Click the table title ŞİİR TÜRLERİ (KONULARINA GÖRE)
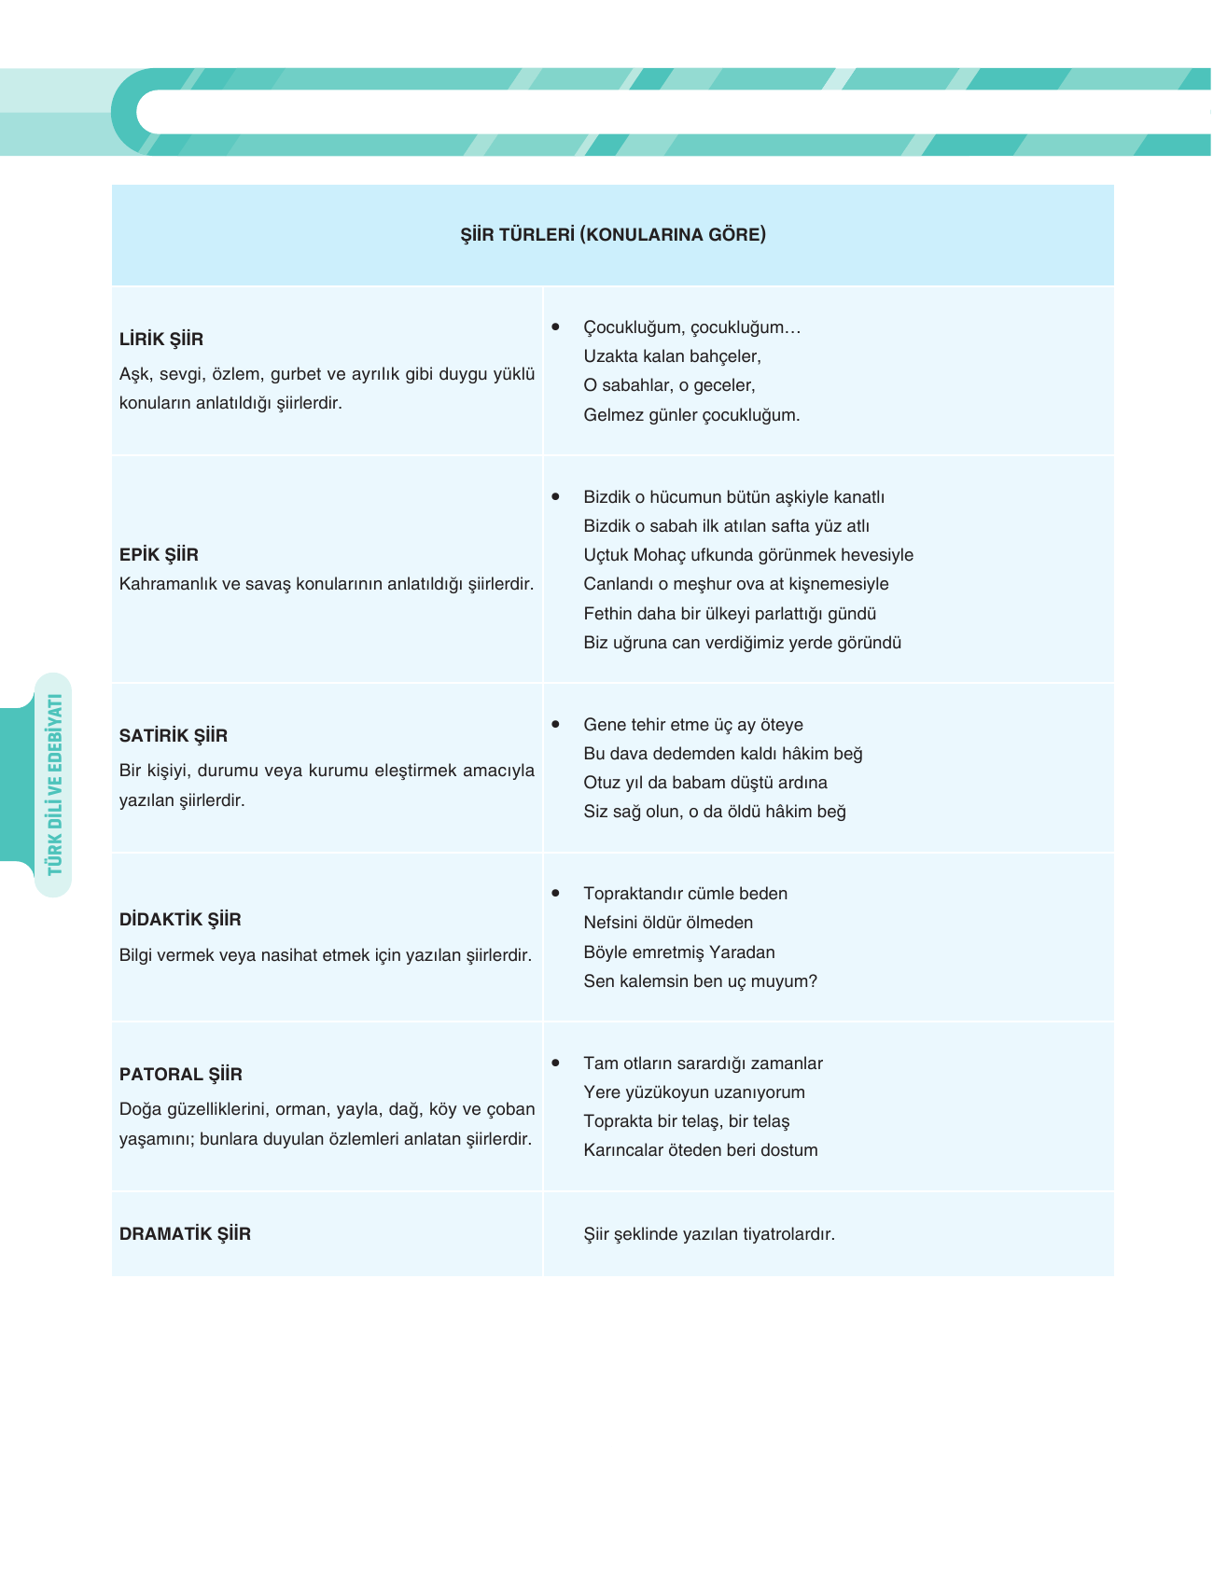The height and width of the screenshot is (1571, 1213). tap(613, 234)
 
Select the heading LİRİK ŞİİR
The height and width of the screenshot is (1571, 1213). tap(161, 340)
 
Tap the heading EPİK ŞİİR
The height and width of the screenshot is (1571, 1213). tap(159, 555)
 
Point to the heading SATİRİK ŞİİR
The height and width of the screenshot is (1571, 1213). tap(174, 736)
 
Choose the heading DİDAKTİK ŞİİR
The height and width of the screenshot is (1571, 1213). tap(180, 920)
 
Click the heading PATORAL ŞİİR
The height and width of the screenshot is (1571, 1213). tap(181, 1075)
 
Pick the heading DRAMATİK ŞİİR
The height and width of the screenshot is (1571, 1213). tap(185, 1234)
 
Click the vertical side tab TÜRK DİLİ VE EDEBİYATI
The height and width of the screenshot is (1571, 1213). tap(54, 785)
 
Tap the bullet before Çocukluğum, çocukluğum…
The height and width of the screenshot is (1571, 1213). tap(556, 327)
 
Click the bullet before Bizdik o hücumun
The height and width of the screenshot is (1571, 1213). tap(556, 496)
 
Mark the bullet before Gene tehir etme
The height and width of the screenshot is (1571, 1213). tap(556, 724)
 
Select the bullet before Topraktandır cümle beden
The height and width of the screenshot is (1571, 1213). tap(556, 893)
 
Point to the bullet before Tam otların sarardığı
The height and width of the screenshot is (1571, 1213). tap(556, 1063)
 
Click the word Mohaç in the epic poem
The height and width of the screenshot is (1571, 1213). tap(659, 555)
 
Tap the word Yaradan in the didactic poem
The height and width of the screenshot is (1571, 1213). tap(742, 952)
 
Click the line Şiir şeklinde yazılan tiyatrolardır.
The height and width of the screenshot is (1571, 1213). tap(709, 1234)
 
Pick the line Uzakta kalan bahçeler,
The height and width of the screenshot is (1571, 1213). tap(672, 356)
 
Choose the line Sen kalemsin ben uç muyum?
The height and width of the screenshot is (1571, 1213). tap(700, 981)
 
